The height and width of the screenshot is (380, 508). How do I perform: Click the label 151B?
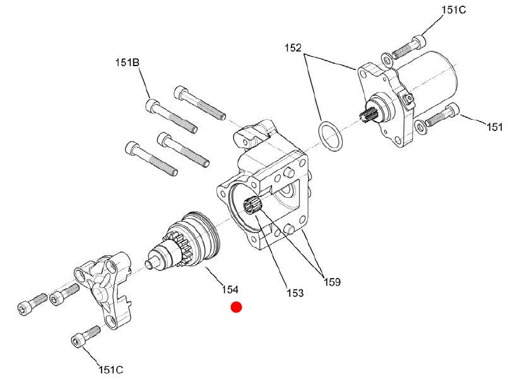(127, 62)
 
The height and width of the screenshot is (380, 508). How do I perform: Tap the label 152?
(293, 48)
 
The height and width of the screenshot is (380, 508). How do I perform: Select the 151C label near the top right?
(454, 10)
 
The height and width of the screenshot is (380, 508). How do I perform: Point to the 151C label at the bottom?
(111, 369)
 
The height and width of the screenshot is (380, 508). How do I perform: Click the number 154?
(230, 289)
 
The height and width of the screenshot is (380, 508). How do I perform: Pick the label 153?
(295, 292)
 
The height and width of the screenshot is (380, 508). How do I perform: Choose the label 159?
(332, 282)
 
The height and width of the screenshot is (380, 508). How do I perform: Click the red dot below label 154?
(236, 308)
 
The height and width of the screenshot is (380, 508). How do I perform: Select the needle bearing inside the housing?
(252, 205)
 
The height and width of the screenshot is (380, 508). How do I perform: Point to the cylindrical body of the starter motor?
(428, 84)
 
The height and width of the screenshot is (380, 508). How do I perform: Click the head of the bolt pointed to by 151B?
(152, 105)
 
